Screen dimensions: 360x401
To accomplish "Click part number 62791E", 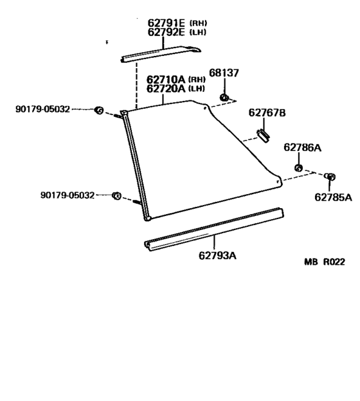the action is tap(166, 23).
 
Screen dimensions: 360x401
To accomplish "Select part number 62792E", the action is tap(166, 32).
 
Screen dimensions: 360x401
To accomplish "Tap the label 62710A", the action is tap(166, 79).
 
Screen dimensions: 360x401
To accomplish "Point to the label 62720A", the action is tap(166, 89).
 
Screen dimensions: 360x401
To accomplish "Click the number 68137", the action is tap(224, 73).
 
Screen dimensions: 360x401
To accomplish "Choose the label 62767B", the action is tap(267, 112).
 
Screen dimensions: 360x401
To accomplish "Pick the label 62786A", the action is tap(302, 147).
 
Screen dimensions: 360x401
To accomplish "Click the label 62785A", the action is tap(333, 197).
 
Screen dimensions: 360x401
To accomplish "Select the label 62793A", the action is tap(217, 255).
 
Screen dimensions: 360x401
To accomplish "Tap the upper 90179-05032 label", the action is tap(42, 109).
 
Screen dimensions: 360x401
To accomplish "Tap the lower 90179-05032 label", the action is tap(67, 195).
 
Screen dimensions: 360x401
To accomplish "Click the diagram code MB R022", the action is tap(325, 262).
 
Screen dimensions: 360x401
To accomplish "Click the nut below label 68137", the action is tap(224, 97).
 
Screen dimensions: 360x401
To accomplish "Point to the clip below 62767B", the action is tap(263, 136).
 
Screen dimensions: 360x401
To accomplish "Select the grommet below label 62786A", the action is tap(298, 168).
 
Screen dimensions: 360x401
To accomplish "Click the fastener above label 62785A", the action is tap(330, 177).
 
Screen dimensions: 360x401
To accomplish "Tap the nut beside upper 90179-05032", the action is tap(99, 111).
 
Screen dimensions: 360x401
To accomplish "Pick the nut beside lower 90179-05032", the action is tap(116, 196).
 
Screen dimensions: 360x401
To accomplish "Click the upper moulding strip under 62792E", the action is tap(161, 54).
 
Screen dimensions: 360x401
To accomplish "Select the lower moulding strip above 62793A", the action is tap(214, 229).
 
